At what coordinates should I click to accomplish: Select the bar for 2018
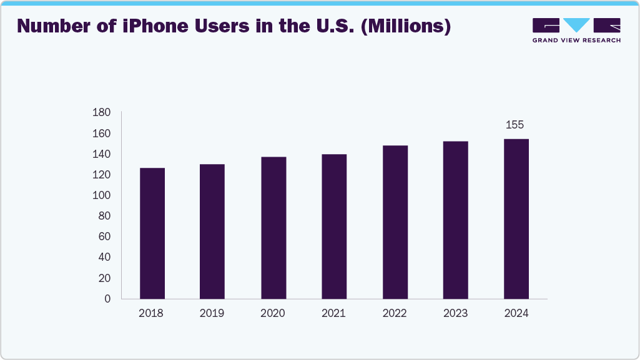point(152,233)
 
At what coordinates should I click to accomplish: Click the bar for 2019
point(212,231)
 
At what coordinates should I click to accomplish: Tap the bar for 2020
point(273,228)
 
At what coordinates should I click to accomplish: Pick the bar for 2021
point(334,226)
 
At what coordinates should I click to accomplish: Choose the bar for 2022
point(395,222)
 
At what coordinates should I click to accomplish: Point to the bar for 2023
point(455,220)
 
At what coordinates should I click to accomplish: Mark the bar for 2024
point(516,218)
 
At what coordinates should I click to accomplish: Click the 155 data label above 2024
point(514,125)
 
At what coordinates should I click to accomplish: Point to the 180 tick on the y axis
point(102,113)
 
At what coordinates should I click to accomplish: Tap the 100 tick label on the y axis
point(102,195)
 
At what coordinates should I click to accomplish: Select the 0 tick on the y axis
point(107,299)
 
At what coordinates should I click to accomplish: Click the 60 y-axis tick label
point(104,236)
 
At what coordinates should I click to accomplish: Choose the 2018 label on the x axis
point(151,313)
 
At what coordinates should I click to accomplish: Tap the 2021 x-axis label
point(333,313)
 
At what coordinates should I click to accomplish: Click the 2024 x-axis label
point(516,313)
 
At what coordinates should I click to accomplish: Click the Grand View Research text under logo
point(576,41)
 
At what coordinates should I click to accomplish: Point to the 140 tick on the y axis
point(102,154)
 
